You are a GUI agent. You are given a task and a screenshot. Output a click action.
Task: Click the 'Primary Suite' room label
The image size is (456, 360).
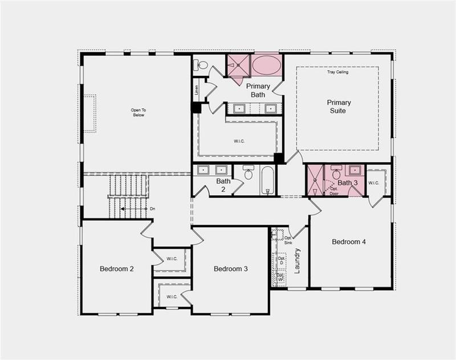(339, 107)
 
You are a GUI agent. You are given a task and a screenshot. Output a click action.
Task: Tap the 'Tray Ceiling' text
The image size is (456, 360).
(337, 72)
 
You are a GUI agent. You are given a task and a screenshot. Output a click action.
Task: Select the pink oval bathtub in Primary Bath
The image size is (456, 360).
(266, 65)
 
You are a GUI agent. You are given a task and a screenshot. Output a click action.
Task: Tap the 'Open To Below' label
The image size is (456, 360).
(138, 112)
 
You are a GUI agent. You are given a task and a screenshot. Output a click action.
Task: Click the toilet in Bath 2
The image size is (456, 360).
(248, 172)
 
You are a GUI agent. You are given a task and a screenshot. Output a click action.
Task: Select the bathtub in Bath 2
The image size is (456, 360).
(268, 180)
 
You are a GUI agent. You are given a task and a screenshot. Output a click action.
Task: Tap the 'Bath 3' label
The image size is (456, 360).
(347, 183)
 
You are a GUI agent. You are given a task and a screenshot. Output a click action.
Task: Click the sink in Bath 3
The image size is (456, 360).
(355, 170)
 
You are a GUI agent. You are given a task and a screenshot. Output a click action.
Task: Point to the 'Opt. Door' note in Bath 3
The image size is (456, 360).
(334, 191)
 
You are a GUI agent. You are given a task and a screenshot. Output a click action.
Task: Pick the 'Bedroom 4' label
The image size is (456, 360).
(349, 242)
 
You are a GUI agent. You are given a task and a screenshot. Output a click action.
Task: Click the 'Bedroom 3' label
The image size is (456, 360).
(230, 269)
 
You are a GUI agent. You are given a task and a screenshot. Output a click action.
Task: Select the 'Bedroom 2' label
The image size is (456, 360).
(116, 269)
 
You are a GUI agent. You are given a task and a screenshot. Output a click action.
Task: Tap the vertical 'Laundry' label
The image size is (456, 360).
(297, 260)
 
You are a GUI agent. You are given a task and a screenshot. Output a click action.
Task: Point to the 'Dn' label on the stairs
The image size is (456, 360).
(152, 209)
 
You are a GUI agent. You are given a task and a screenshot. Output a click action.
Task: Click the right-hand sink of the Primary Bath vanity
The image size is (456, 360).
(270, 108)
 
